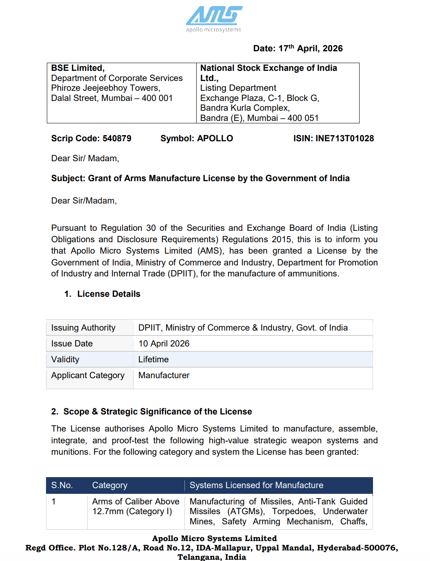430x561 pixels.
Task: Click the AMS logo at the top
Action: [214, 19]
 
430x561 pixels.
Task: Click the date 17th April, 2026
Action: [311, 48]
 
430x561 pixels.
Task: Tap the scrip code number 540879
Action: [117, 138]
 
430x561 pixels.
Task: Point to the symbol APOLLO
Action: [215, 138]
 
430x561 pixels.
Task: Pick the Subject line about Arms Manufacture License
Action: [200, 178]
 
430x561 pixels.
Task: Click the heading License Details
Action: [109, 294]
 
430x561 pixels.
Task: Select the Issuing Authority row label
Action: [83, 328]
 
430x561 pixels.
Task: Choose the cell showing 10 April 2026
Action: [164, 344]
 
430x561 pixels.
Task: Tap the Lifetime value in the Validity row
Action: [154, 359]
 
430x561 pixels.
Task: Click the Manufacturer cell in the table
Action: [164, 375]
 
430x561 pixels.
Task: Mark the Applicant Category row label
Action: [88, 375]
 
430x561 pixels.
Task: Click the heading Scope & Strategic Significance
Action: [158, 412]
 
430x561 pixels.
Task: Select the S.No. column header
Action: [62, 485]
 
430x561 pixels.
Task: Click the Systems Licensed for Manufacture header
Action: [257, 485]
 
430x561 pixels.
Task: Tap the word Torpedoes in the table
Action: [294, 511]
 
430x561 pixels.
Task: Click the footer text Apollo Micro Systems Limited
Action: [214, 538]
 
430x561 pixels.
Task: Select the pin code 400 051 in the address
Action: [303, 118]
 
